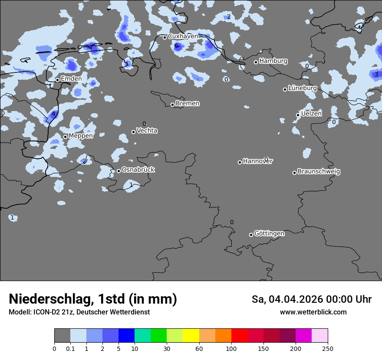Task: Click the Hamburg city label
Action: (x=273, y=61)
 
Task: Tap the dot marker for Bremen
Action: (x=172, y=105)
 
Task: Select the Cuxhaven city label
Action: (x=183, y=36)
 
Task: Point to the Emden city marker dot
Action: (x=57, y=80)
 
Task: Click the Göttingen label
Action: (x=269, y=234)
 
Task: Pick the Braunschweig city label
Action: (x=319, y=172)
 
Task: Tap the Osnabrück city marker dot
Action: (x=119, y=171)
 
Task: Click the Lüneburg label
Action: (x=302, y=88)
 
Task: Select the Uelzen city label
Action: (x=311, y=114)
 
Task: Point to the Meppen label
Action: (x=80, y=136)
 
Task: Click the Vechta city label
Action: (x=147, y=131)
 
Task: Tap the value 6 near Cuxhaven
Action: (x=176, y=46)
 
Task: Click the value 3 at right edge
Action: (x=376, y=75)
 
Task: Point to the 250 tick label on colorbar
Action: (x=327, y=348)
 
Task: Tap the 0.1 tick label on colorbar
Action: (x=70, y=348)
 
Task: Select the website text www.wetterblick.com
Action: (x=313, y=312)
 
